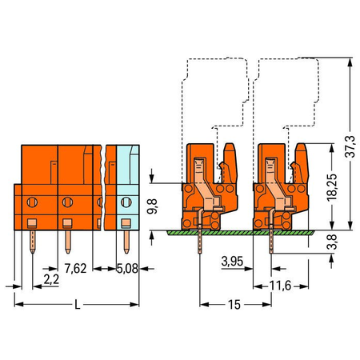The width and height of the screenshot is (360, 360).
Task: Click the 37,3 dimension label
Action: [x=351, y=146]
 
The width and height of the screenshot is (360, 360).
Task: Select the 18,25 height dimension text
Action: [x=332, y=187]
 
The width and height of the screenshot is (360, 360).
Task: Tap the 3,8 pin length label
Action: [x=332, y=242]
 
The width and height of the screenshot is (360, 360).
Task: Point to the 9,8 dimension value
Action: [x=152, y=206]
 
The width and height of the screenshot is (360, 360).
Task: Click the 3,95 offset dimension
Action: [x=232, y=262]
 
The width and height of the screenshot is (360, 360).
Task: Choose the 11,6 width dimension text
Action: [x=280, y=286]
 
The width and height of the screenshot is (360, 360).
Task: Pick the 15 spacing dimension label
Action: [x=234, y=305]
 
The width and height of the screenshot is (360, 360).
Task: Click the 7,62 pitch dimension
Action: [x=76, y=268]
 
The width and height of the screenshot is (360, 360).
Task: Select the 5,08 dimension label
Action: [x=127, y=268]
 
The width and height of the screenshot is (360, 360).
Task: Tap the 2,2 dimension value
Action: [x=51, y=279]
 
